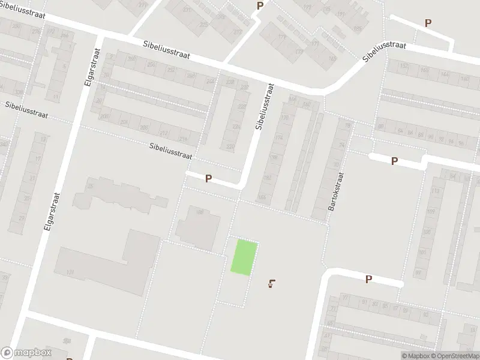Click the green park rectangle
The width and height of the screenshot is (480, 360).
point(245,257)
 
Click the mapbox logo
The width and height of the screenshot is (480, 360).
point(26,353)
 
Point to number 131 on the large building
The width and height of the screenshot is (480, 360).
point(71,273)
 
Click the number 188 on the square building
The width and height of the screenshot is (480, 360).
point(200,211)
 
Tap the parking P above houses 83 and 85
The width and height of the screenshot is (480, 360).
point(368,279)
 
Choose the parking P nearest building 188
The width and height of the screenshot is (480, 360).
point(208,178)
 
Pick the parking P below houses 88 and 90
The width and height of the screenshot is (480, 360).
point(394,161)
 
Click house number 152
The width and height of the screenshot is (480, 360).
point(404,66)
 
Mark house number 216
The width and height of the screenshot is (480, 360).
point(182,139)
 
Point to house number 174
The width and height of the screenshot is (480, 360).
point(278,138)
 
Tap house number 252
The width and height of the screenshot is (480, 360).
point(154,70)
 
